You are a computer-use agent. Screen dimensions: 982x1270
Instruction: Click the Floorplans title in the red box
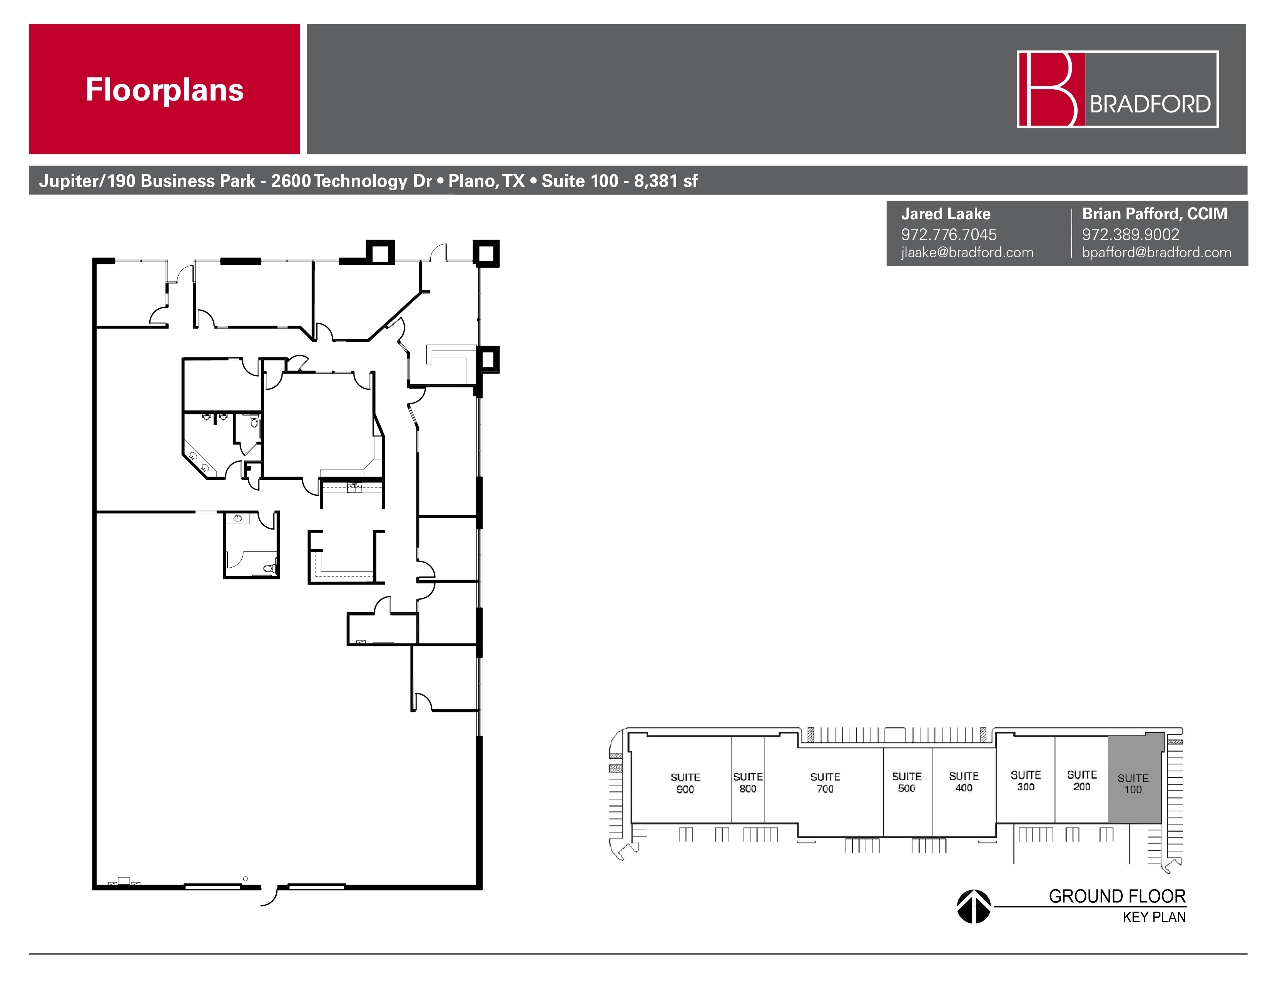pyautogui.click(x=165, y=90)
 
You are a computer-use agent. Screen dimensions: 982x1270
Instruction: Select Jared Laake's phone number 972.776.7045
pyautogui.click(x=948, y=235)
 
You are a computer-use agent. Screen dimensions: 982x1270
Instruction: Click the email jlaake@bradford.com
pyautogui.click(x=967, y=253)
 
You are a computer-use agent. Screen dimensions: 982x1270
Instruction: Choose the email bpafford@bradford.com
pyautogui.click(x=1156, y=253)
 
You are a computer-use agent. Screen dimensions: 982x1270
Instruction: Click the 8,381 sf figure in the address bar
pyautogui.click(x=665, y=181)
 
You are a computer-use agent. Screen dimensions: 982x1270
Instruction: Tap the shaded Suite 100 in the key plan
pyautogui.click(x=1133, y=783)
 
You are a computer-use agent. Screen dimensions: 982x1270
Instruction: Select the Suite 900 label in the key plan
pyautogui.click(x=685, y=783)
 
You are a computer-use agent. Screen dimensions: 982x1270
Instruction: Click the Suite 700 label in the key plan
pyautogui.click(x=825, y=783)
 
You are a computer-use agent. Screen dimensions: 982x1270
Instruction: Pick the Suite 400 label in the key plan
pyautogui.click(x=964, y=782)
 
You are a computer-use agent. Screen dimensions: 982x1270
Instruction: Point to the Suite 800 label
pyautogui.click(x=747, y=783)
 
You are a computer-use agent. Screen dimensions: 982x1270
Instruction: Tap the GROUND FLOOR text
pyautogui.click(x=1116, y=896)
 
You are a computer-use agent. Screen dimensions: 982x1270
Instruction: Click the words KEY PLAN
pyautogui.click(x=1154, y=917)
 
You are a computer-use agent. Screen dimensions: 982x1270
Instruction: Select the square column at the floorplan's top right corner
pyautogui.click(x=486, y=254)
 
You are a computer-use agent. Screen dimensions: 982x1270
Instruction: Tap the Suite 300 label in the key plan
pyautogui.click(x=1025, y=781)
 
